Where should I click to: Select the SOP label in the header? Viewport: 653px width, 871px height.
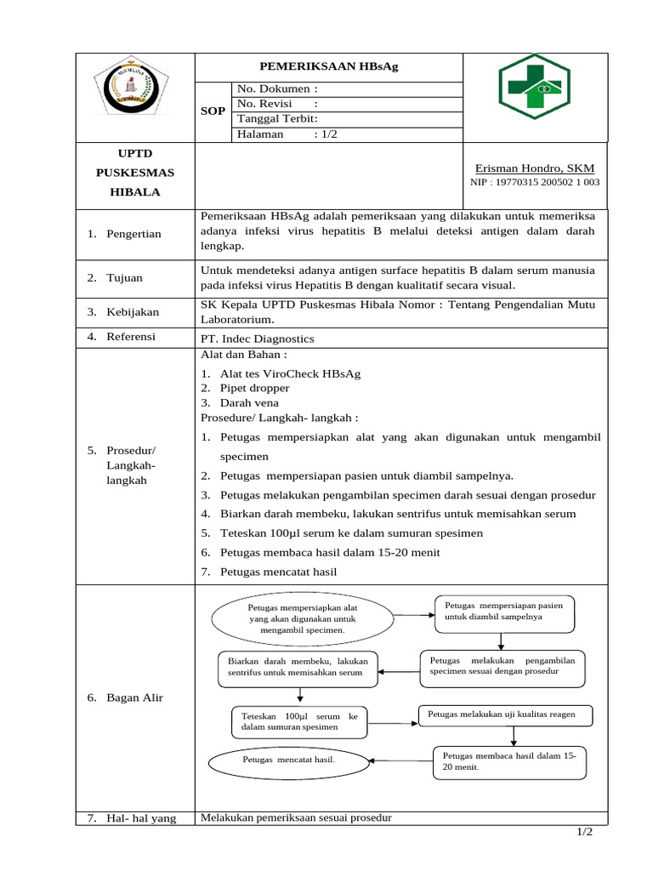coord(213,111)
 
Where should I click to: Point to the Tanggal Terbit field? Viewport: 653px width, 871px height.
coord(277,119)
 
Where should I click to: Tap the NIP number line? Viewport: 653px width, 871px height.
coord(535,182)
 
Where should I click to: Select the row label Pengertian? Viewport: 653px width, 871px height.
coord(133,234)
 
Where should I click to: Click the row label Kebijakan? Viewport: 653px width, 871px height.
coord(133,312)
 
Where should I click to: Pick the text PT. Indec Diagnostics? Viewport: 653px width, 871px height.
coord(257,339)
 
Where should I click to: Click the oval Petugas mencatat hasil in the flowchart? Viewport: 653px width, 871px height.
coord(289,759)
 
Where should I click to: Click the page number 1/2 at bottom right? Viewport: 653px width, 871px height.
coord(584,832)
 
